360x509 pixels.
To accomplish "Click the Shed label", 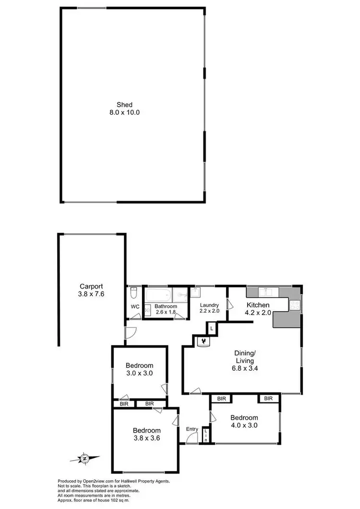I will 124,105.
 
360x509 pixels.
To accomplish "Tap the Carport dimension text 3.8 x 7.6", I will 91,293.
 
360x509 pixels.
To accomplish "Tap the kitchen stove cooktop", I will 294,304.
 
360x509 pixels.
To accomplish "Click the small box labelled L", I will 211,328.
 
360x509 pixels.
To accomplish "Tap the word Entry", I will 192,429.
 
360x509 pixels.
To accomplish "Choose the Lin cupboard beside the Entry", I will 205,436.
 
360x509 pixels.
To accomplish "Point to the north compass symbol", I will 85,458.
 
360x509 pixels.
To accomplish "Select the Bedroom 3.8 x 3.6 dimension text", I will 146,438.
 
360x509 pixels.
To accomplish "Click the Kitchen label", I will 258,305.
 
